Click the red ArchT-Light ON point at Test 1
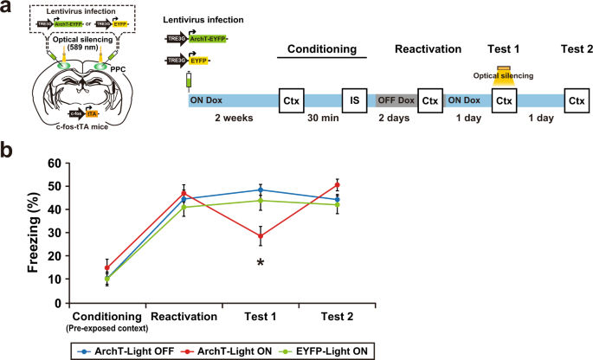[260, 235]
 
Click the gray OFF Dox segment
[396, 100]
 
